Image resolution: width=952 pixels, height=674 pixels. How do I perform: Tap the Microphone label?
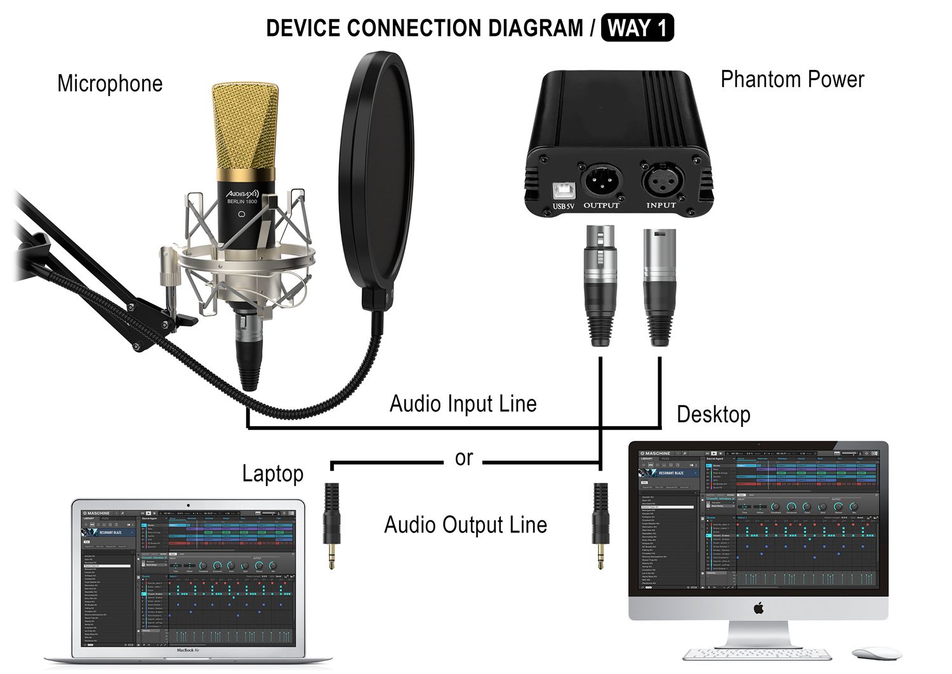click(x=110, y=84)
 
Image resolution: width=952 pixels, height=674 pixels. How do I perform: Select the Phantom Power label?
click(x=792, y=79)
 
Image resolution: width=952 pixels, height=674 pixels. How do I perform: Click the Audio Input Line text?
click(x=463, y=404)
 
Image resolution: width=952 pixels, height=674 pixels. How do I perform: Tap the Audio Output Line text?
click(x=465, y=525)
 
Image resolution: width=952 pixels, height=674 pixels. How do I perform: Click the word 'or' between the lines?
click(x=464, y=458)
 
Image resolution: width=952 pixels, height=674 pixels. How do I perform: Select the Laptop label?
click(x=273, y=474)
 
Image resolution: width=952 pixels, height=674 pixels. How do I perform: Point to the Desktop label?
click(x=713, y=415)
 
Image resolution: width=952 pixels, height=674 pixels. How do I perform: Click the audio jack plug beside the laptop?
click(x=332, y=524)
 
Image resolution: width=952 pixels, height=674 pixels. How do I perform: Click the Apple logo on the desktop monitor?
click(x=758, y=608)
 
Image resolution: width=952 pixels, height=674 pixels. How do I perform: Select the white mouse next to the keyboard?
click(x=876, y=653)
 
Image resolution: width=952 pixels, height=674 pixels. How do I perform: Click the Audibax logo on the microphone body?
click(x=242, y=192)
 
